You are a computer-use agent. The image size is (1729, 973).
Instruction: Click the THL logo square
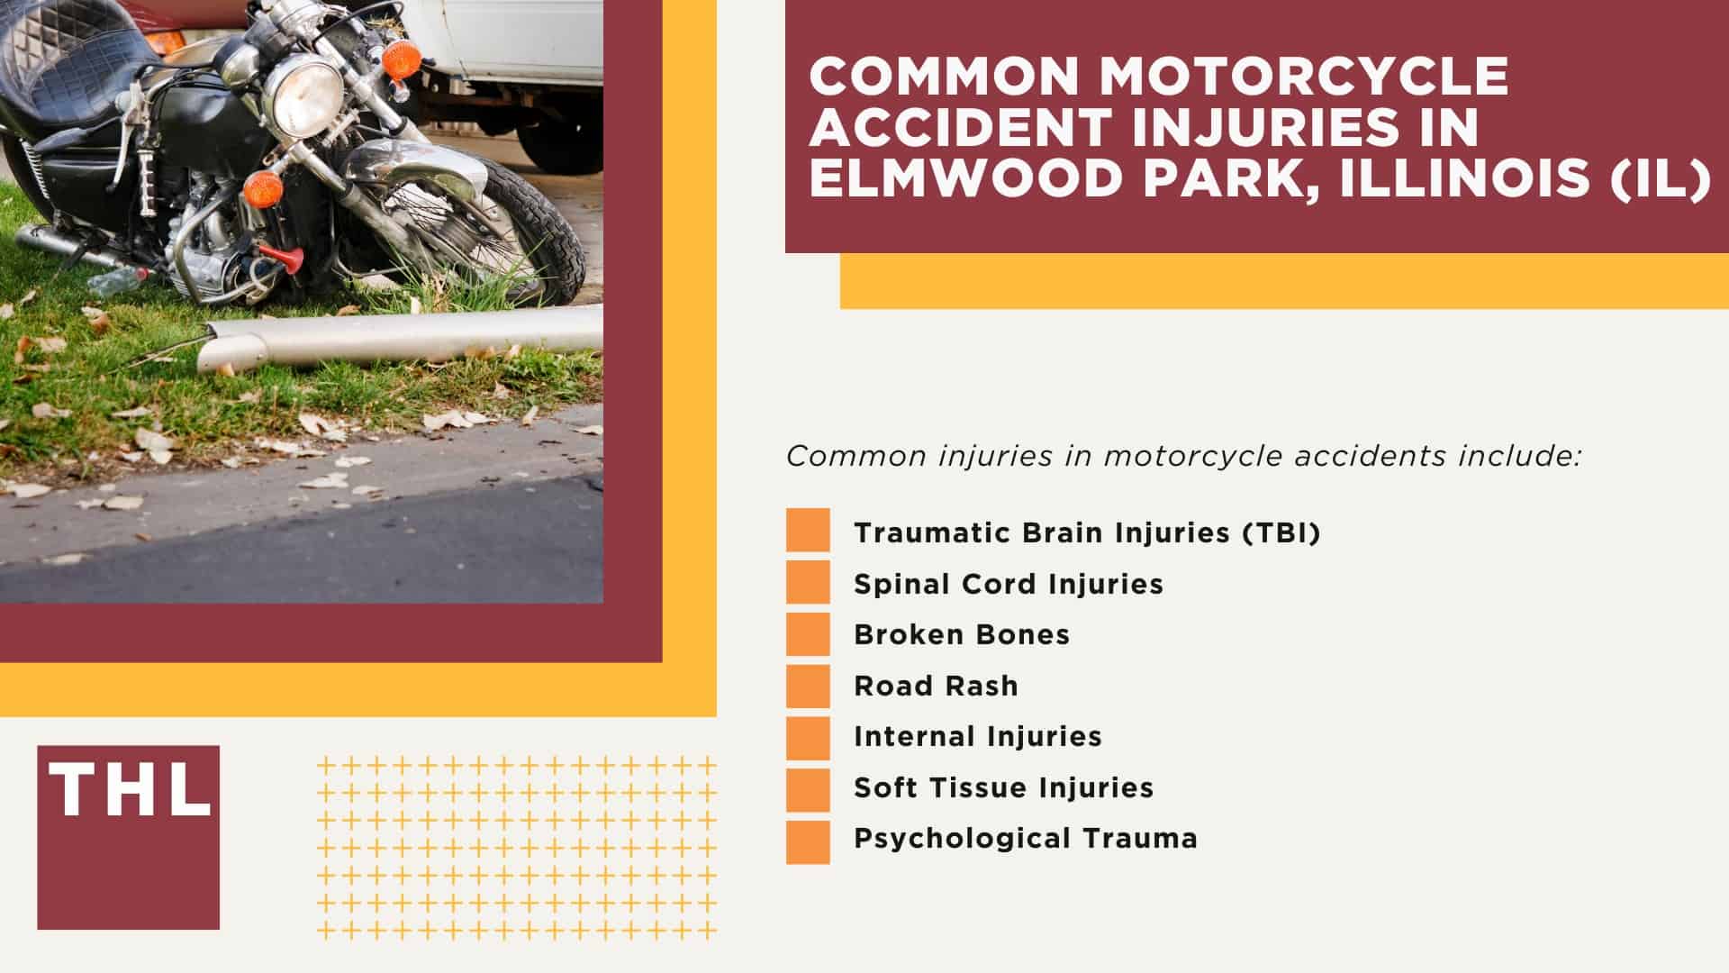tap(128, 836)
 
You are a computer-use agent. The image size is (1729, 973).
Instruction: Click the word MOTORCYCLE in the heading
tap(1303, 76)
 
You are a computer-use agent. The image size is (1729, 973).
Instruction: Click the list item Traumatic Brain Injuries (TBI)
tap(1087, 532)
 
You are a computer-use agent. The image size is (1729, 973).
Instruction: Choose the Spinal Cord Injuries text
tap(1009, 584)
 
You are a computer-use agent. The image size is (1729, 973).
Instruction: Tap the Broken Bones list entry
tap(962, 634)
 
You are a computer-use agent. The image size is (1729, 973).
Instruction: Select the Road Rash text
tap(936, 686)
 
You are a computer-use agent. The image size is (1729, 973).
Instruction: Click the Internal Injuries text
tap(978, 736)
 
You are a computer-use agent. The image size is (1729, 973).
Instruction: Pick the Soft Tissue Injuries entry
tap(1003, 787)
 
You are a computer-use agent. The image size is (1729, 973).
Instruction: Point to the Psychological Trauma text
tap(1026, 838)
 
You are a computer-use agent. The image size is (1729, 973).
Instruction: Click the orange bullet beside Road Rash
tap(808, 686)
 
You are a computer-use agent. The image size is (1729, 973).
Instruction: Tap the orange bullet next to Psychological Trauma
tap(808, 841)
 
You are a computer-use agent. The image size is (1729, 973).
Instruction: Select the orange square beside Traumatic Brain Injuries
tap(808, 530)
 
